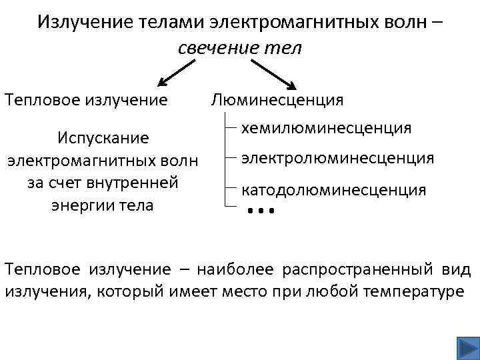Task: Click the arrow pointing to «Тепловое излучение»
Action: click(x=177, y=73)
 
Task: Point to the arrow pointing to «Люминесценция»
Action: click(x=273, y=73)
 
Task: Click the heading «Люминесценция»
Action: click(x=277, y=100)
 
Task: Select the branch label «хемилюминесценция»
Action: click(x=326, y=127)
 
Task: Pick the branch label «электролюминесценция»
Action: click(x=337, y=158)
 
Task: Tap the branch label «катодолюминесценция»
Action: click(x=333, y=189)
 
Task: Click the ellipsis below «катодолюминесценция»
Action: click(x=261, y=212)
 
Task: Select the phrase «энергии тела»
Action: click(x=102, y=204)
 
